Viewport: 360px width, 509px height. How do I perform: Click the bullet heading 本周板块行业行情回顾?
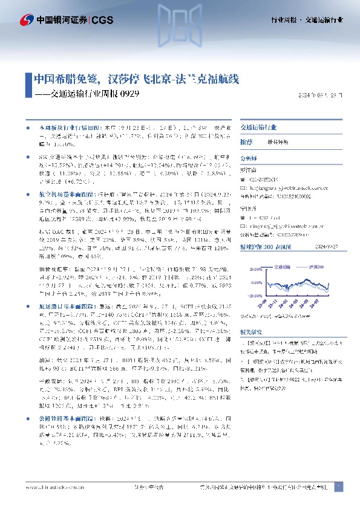pyautogui.click(x=63, y=129)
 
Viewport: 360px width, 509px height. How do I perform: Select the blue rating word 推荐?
pyautogui.click(x=246, y=141)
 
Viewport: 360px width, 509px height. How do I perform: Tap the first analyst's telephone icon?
pyautogui.click(x=243, y=179)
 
